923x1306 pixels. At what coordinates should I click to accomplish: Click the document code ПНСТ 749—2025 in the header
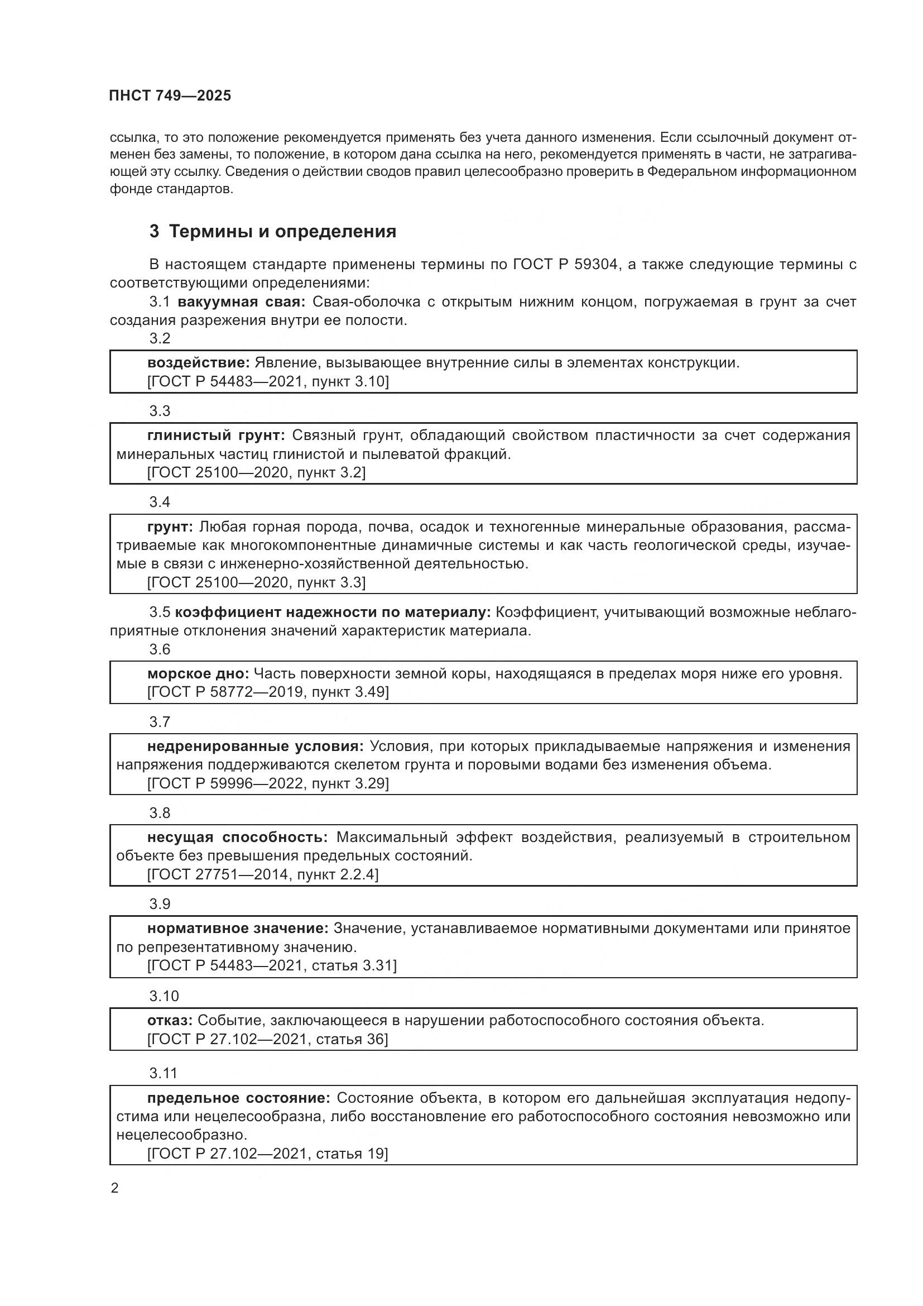point(170,95)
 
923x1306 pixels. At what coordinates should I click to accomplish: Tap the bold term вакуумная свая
point(242,302)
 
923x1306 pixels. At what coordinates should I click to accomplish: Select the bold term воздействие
point(198,362)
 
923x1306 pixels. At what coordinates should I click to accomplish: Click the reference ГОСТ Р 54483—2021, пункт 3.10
point(268,381)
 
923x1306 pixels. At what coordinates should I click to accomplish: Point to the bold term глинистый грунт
point(216,435)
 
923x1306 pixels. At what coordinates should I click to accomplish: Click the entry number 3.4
point(160,502)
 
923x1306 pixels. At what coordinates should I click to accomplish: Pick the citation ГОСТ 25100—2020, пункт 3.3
point(256,582)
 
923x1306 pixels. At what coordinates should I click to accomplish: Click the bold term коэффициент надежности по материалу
point(333,612)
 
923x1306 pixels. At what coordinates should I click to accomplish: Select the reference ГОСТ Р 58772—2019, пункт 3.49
point(268,692)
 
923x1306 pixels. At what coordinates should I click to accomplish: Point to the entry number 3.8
point(160,813)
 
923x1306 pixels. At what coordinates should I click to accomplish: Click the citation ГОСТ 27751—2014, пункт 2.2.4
point(263,874)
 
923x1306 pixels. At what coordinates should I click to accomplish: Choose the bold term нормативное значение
point(238,929)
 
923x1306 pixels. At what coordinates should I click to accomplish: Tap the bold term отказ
point(170,1020)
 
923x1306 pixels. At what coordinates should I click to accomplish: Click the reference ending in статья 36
point(267,1039)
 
